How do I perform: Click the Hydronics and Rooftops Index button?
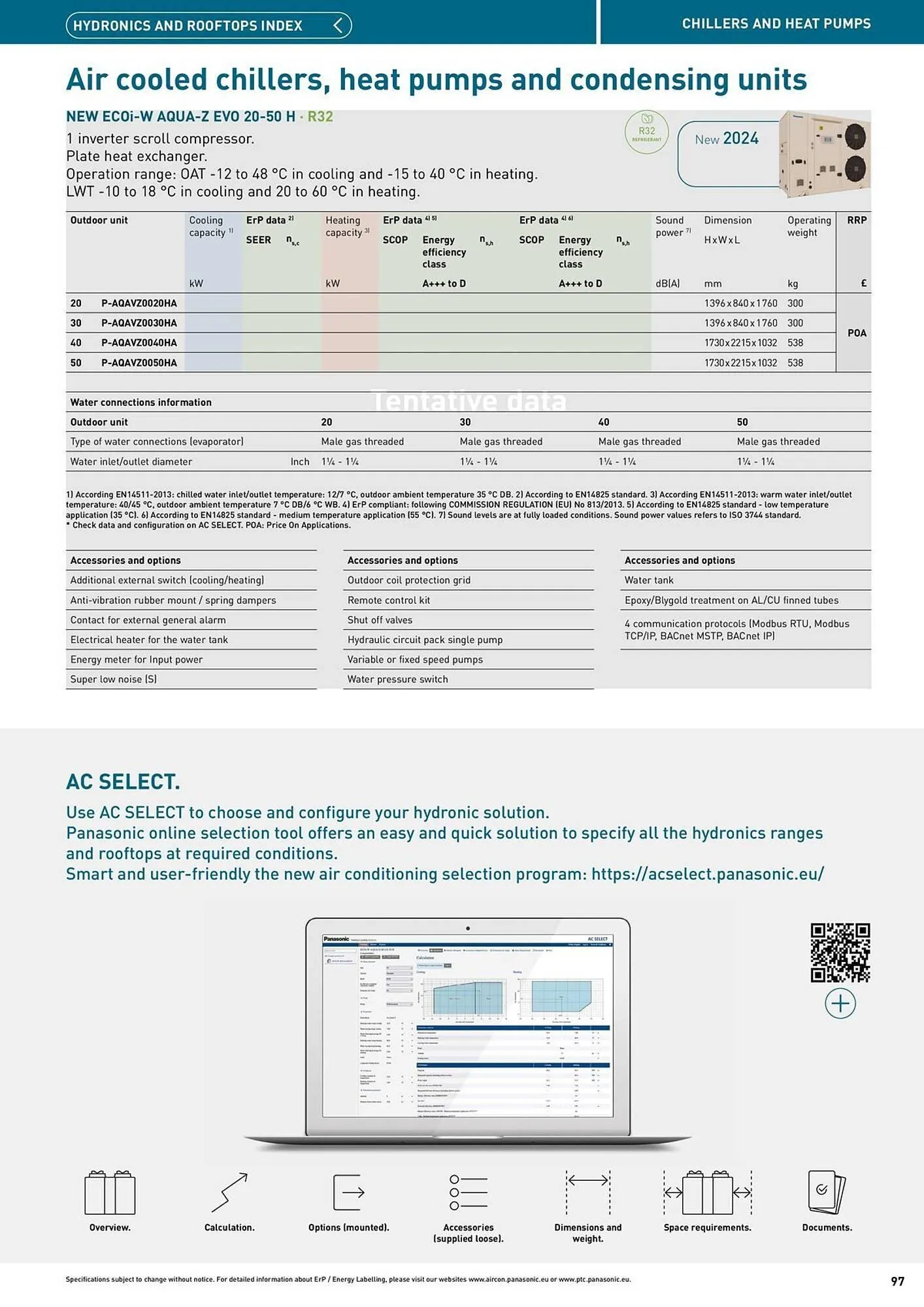pos(208,25)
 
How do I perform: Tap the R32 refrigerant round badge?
pos(646,132)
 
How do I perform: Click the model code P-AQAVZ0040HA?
pos(139,342)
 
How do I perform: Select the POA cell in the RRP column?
pos(856,333)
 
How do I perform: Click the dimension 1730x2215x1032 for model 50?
pos(740,363)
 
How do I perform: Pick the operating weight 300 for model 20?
pos(795,303)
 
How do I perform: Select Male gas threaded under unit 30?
pos(501,442)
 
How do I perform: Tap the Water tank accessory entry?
pos(648,580)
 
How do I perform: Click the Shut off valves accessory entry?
pos(380,620)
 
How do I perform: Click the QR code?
pos(840,952)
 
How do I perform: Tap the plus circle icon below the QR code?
pos(840,1003)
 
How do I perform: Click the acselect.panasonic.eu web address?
pos(707,874)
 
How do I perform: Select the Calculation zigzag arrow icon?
pos(229,1192)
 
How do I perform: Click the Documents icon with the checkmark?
pos(826,1192)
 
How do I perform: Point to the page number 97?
pos(897,1281)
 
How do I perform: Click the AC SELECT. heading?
pos(123,782)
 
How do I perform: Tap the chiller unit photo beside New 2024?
pos(824,154)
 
